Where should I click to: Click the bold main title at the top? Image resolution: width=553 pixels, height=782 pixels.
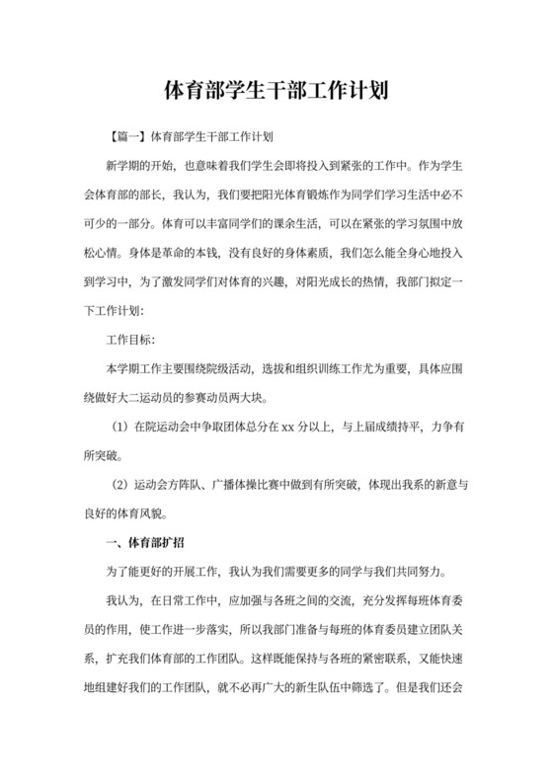pos(276,92)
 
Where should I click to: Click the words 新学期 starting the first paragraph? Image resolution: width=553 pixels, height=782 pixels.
pos(123,162)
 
